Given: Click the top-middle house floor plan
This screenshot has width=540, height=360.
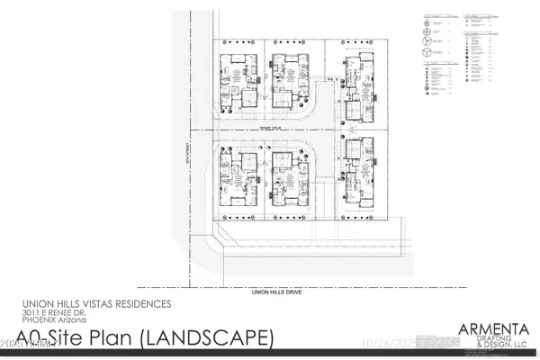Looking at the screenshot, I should click(289, 84).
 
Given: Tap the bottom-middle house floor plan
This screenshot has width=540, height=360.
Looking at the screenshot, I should click(289, 184).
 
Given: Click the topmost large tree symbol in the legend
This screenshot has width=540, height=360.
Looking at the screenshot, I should click(425, 20).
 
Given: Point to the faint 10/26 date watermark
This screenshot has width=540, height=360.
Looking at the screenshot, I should click(412, 343).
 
